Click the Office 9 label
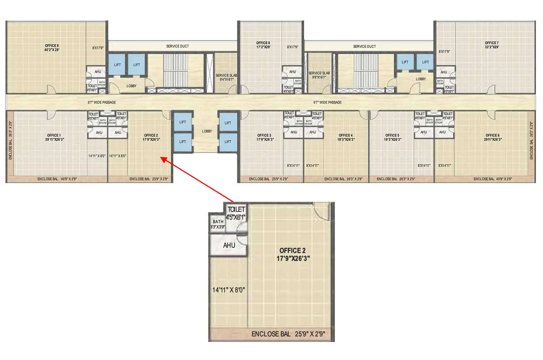[x=52, y=46]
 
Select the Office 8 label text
[x=263, y=43]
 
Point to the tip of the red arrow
[x=161, y=158]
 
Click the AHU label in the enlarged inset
[x=229, y=246]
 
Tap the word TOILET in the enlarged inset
[x=236, y=209]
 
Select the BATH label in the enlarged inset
[x=218, y=222]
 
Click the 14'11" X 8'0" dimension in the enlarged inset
[x=228, y=290]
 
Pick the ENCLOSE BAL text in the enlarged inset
[x=271, y=334]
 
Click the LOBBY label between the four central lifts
[x=207, y=131]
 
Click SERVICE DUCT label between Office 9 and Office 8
[x=177, y=46]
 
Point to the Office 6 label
[x=492, y=135]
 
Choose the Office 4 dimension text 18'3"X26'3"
[x=346, y=139]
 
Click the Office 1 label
[x=54, y=135]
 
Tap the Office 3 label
[x=264, y=135]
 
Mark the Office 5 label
[x=392, y=135]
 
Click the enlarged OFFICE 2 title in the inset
[x=292, y=251]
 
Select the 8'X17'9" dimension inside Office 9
[x=98, y=48]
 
